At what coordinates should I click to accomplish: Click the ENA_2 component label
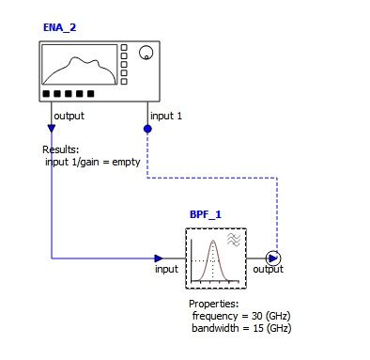59,27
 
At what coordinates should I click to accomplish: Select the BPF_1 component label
205,214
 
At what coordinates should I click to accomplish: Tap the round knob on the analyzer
146,54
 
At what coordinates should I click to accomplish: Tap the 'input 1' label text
167,116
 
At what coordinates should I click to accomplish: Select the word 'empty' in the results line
125,161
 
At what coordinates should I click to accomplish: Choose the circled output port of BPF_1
273,258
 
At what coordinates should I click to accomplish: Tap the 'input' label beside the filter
166,270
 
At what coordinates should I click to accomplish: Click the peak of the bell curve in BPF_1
213,242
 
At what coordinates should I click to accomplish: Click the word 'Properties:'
214,305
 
